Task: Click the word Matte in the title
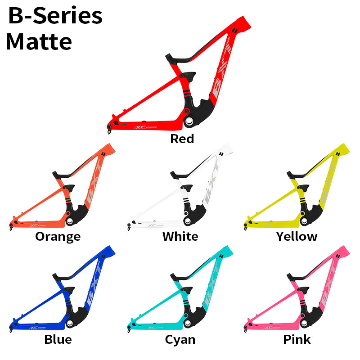(39, 41)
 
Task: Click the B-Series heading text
(55, 16)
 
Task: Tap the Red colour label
(182, 139)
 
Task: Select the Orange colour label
(58, 236)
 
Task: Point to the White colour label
(180, 236)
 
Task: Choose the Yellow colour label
(297, 236)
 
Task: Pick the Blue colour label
(58, 339)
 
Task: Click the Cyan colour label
(180, 339)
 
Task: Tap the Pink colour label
(297, 339)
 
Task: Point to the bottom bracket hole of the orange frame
(70, 221)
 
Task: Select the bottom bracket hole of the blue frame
(70, 324)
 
